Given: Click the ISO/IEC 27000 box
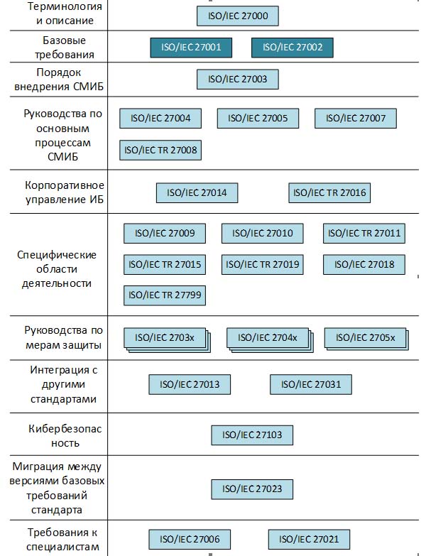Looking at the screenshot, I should tap(238, 16).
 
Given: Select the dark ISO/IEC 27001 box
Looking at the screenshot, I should tap(191, 48).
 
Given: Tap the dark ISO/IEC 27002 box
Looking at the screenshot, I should tap(292, 48).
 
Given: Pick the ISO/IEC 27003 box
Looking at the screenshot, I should tap(238, 79).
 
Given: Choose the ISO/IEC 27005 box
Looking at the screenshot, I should tap(258, 118).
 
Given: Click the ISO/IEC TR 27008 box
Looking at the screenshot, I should tap(160, 150).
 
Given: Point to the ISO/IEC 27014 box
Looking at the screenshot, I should tap(197, 192).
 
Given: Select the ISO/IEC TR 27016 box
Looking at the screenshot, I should tap(329, 192).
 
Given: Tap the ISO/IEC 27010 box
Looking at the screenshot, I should tap(262, 233).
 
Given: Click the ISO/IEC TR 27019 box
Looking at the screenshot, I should tap(262, 265).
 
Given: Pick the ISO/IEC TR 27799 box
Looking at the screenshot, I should tap(165, 295).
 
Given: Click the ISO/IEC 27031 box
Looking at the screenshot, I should tap(311, 384).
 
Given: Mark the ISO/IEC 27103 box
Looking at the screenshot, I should tap(252, 435).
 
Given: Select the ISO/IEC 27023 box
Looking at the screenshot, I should tap(252, 489).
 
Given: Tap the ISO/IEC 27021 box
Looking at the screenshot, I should tap(309, 540).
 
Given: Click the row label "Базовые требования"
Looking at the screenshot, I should tap(64, 47).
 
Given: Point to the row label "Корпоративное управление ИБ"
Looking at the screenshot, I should tap(64, 192).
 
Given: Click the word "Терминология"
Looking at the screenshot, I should tap(64, 6).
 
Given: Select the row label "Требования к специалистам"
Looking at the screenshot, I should tap(64, 540).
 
